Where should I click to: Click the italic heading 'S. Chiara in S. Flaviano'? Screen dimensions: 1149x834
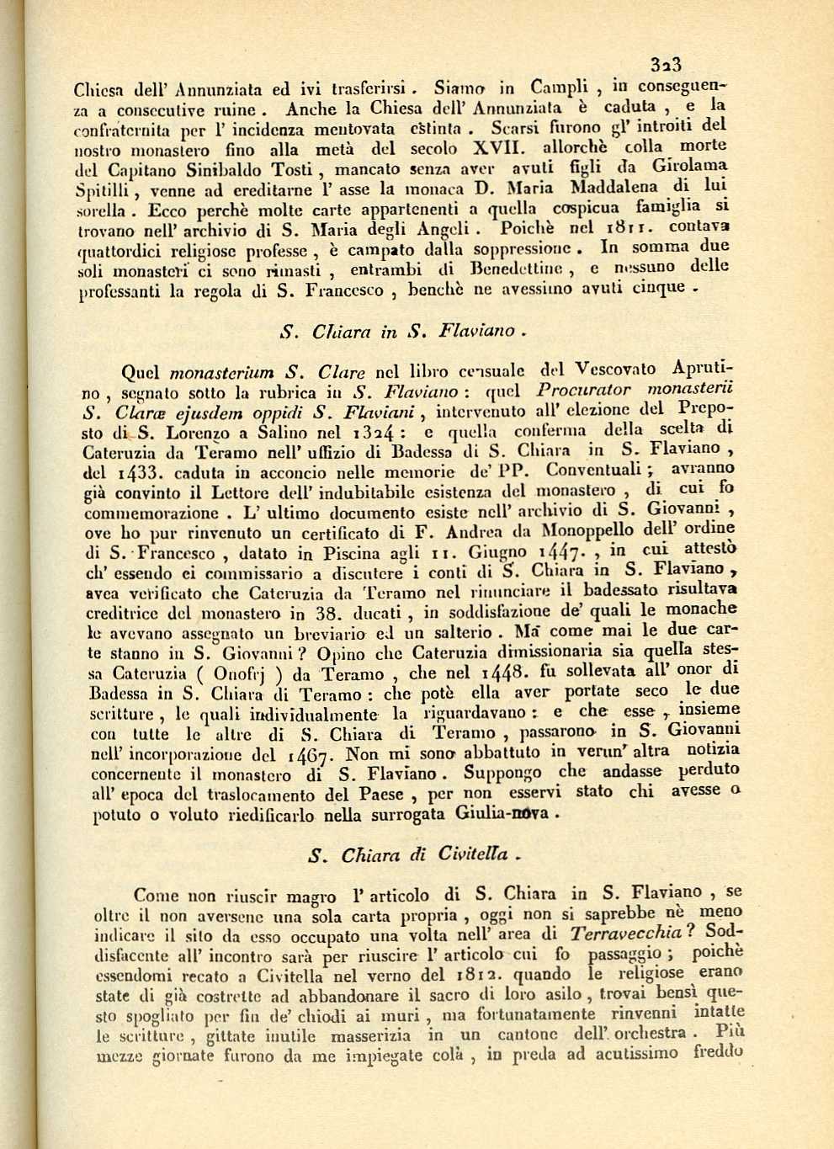(x=403, y=331)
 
